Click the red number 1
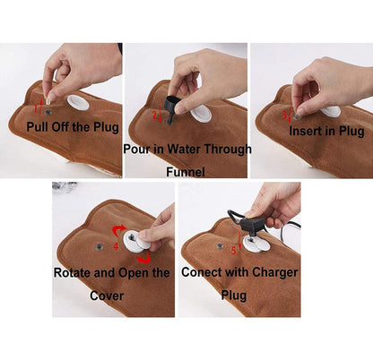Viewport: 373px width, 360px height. pos(36,108)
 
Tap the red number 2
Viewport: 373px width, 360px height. pos(154,115)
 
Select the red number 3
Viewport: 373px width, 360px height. pos(285,115)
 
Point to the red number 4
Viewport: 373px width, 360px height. pos(116,246)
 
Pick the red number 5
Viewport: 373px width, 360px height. pos(234,251)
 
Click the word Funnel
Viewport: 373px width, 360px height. pos(186,172)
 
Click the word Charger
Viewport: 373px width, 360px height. pos(275,273)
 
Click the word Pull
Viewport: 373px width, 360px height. pos(38,127)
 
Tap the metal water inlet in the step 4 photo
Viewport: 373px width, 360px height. pos(99,246)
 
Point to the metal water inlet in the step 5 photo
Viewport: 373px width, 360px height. pos(221,245)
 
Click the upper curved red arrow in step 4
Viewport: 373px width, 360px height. pos(118,230)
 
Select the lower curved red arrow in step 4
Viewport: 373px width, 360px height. pos(144,259)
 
